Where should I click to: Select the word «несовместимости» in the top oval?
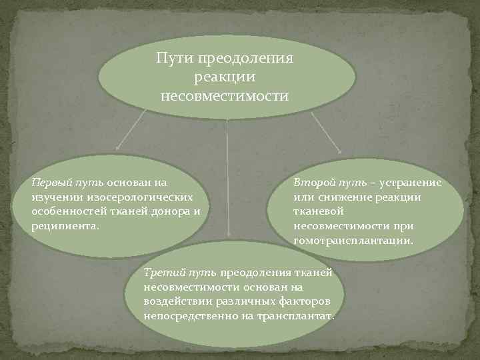click(225, 97)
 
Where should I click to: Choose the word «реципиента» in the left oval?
click(64, 226)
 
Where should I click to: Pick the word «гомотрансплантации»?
click(353, 241)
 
